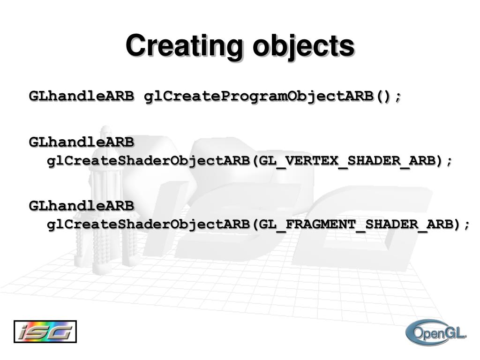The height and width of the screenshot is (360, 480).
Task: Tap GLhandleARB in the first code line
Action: tap(81, 96)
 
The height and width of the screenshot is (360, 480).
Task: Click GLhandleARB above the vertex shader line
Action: tap(81, 141)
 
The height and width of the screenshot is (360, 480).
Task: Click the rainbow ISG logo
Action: tap(45, 332)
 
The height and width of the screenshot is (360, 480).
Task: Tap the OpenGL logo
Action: tap(436, 333)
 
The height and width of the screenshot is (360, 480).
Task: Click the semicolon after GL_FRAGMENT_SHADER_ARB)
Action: tap(466, 226)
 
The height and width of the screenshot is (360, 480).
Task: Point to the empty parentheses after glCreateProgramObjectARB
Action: tap(383, 96)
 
